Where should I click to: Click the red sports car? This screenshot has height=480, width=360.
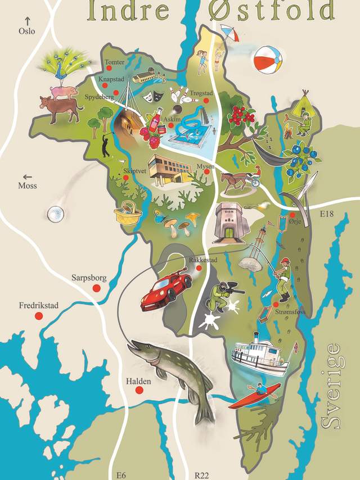[166, 287]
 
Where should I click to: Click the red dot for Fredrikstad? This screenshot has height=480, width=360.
[39, 316]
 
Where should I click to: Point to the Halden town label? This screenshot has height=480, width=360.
[138, 382]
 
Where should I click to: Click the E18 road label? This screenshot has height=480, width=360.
[327, 214]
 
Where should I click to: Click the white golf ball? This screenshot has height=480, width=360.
[55, 213]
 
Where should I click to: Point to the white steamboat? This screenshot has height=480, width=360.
[259, 355]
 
